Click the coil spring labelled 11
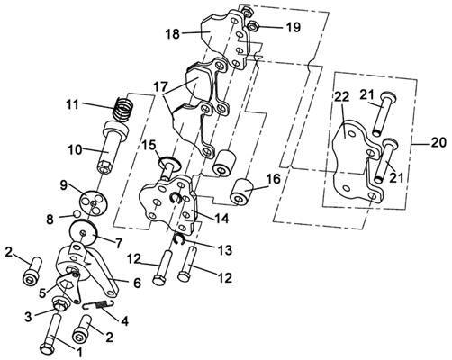tap(124, 110)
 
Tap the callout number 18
tap(173, 34)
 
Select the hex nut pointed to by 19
tap(255, 26)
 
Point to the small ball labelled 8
tap(77, 213)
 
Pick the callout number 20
tap(438, 142)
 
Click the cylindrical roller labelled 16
tap(241, 193)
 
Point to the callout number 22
tap(342, 97)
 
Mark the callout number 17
tap(160, 87)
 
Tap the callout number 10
tap(74, 149)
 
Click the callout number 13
tap(224, 250)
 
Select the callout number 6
tap(137, 283)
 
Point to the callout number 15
tap(149, 146)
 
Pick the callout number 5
tap(42, 292)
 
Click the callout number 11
tap(72, 105)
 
